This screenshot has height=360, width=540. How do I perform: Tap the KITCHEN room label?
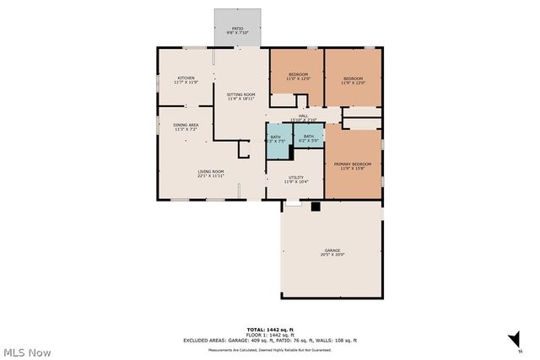click(186, 79)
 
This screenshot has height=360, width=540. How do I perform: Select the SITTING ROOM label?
click(240, 96)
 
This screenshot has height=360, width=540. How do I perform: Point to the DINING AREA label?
click(186, 126)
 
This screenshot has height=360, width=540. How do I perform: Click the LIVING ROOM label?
click(211, 174)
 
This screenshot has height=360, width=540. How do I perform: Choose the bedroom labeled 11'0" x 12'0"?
click(299, 77)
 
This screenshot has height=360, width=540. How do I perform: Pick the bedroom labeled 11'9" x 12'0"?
click(353, 80)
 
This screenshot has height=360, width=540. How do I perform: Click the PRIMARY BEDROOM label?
click(353, 166)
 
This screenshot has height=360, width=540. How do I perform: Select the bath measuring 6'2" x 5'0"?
click(309, 138)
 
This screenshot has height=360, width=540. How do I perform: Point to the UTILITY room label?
click(295, 179)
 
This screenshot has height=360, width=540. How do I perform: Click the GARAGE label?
click(332, 251)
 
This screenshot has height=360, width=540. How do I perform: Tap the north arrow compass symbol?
click(512, 339)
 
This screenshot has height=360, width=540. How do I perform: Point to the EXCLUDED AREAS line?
click(270, 341)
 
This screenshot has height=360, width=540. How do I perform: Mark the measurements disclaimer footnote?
click(270, 349)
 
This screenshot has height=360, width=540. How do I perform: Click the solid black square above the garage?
click(316, 206)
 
